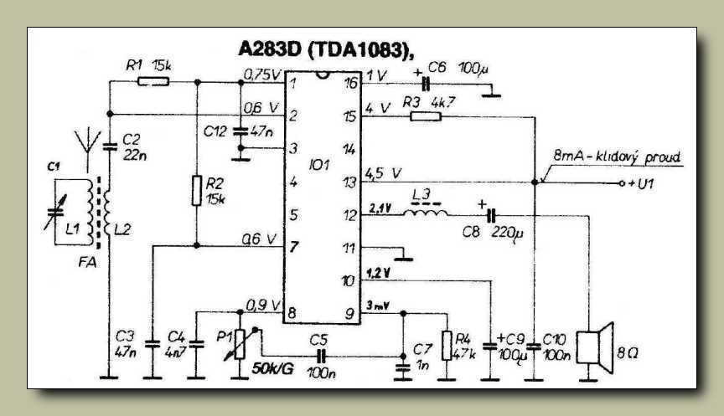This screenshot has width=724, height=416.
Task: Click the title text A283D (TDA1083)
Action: [x=326, y=50]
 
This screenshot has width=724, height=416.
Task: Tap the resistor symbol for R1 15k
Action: [x=153, y=81]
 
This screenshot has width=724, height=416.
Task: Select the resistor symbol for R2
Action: [x=196, y=192]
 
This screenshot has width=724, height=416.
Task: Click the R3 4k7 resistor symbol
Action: [x=424, y=116]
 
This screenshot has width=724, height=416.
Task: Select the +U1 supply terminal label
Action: [x=642, y=182]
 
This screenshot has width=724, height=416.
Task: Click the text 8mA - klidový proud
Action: [x=619, y=157]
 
